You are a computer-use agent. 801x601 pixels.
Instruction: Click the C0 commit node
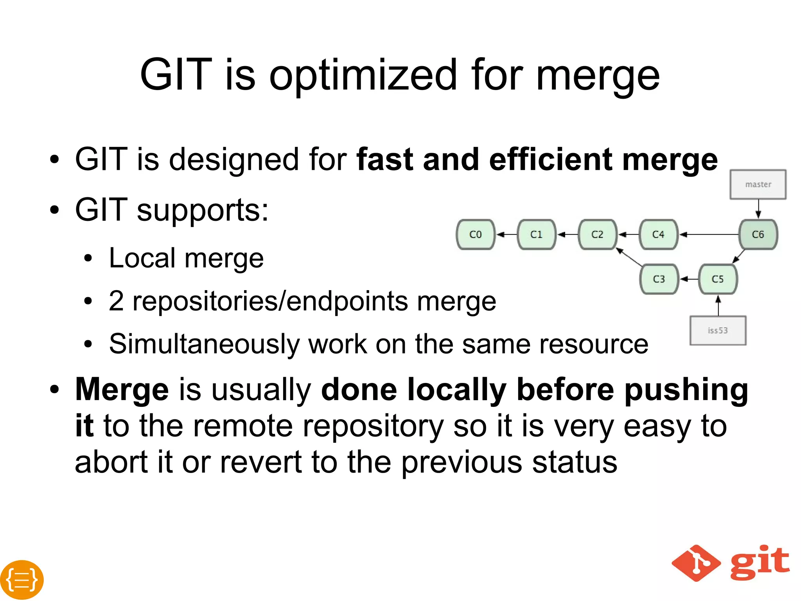tap(476, 235)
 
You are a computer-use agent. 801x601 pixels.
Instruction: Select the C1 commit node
tap(536, 235)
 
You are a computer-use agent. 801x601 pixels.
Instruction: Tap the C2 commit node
tap(597, 235)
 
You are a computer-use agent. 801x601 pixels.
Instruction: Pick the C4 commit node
tap(658, 235)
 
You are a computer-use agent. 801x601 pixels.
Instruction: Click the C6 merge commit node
tap(758, 235)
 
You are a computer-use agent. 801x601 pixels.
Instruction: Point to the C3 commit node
tap(659, 279)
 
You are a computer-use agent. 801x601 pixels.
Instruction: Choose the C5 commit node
tap(718, 279)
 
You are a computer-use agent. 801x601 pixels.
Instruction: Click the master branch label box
tap(758, 184)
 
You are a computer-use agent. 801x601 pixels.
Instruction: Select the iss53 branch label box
tap(718, 330)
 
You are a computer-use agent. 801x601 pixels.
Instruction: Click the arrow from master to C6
tap(758, 209)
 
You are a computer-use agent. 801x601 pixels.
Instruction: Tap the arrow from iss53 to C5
tap(718, 305)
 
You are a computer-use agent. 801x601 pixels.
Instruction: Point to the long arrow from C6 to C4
tap(709, 235)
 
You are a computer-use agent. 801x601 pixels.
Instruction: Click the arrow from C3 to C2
tap(629, 257)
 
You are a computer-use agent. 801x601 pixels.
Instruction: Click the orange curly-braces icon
tap(22, 580)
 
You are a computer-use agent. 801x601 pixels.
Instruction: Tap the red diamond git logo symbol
tap(696, 563)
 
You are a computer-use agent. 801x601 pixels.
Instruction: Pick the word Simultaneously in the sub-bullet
tap(204, 344)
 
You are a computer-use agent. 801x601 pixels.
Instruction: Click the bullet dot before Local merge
tap(88, 259)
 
